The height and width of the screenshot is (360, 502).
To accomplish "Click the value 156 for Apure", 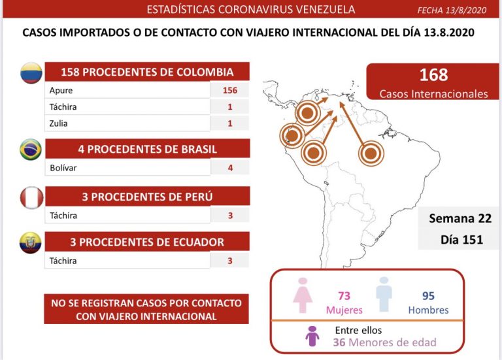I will tap(229, 91).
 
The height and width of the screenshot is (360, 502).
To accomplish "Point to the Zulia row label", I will tap(59, 123).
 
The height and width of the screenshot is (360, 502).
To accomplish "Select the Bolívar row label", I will tap(63, 168).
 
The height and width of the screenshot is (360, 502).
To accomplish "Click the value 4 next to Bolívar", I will tap(229, 168).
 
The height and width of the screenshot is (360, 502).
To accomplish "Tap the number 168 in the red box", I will tap(434, 75).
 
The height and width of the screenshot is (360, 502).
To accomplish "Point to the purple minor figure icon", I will tap(312, 336).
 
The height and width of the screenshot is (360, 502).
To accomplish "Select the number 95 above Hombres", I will tap(428, 295).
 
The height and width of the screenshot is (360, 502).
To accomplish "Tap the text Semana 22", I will tap(460, 219).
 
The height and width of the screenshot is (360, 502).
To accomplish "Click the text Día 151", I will tap(461, 240).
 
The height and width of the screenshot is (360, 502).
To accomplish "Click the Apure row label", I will tap(61, 91).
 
